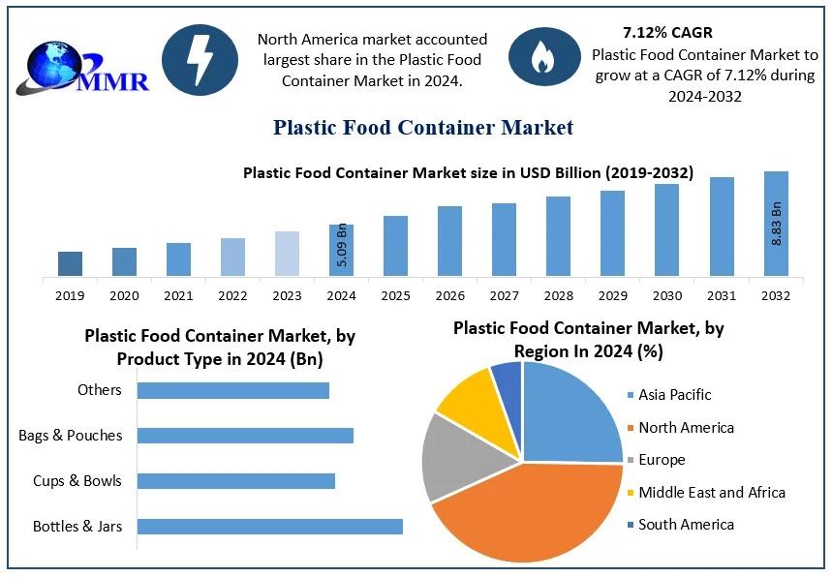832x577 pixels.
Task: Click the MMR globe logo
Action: [87, 65]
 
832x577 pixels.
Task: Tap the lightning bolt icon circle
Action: [200, 59]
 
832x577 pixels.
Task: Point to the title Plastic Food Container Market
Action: [423, 127]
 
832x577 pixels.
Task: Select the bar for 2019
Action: [70, 263]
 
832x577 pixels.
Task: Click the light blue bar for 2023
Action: [287, 253]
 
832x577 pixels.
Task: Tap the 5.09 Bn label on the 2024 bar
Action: [342, 246]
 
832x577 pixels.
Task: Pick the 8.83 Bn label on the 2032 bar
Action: [776, 223]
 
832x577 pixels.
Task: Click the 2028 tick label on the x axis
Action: [558, 295]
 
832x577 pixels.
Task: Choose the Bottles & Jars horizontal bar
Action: [269, 527]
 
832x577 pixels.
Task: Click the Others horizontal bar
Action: [232, 390]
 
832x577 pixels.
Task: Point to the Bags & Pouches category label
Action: [71, 436]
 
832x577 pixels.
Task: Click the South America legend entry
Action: [686, 525]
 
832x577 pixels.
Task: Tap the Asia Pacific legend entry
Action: [674, 395]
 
